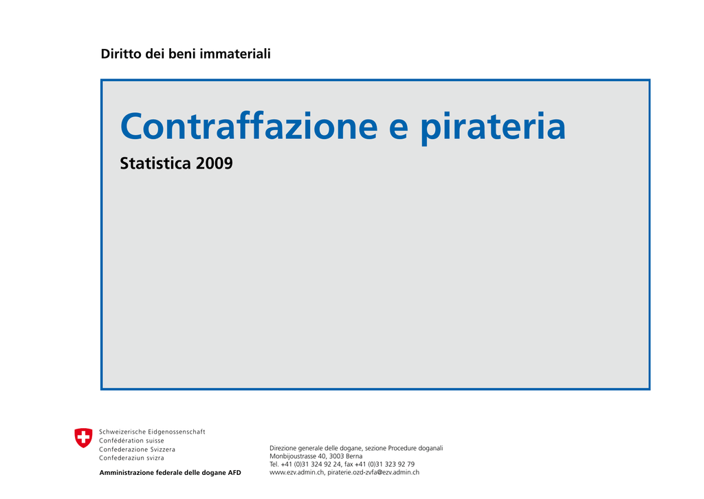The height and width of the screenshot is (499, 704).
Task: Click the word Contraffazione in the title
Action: [x=249, y=126]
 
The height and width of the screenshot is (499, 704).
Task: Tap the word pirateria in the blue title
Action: [x=493, y=128]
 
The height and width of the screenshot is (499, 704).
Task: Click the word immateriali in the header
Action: [x=235, y=54]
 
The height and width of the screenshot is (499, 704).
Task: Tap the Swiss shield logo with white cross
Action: [x=83, y=438]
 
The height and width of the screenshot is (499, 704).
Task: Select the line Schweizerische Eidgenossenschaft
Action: [x=152, y=432]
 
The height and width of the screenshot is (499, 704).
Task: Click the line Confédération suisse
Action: [x=131, y=440]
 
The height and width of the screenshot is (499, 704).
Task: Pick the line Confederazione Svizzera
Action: [x=137, y=449]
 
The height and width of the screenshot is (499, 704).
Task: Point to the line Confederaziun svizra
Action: [x=131, y=458]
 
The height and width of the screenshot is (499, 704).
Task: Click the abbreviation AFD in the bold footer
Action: [x=234, y=472]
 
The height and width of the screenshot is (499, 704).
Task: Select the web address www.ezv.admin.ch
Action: [x=296, y=472]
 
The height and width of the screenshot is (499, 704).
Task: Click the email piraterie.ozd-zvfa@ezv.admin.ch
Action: [x=373, y=472]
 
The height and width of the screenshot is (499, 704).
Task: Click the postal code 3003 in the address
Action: [x=336, y=456]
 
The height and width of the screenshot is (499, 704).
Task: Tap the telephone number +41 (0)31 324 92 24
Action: [x=311, y=465]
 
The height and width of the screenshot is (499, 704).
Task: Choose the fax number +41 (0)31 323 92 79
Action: [x=384, y=465]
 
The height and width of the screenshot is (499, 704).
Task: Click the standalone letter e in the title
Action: [x=399, y=128]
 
